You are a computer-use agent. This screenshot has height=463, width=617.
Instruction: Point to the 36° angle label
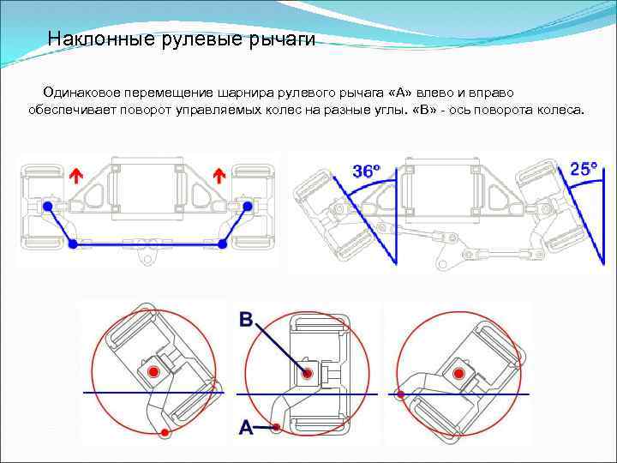click(366, 171)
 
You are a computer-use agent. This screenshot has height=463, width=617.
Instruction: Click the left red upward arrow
click(76, 176)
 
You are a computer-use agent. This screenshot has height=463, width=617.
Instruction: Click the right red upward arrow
click(219, 176)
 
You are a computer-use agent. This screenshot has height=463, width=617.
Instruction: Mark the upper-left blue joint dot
click(48, 207)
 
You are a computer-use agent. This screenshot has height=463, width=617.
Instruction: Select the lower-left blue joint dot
click(73, 244)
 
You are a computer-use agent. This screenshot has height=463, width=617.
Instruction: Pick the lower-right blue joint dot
click(223, 244)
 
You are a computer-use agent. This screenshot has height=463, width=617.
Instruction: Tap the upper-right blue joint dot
click(248, 206)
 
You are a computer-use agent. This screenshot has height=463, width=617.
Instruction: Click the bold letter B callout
click(246, 320)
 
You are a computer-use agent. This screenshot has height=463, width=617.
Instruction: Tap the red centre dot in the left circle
click(153, 372)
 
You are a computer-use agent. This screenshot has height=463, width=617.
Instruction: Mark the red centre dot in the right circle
click(460, 373)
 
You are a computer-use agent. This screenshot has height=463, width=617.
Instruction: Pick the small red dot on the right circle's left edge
click(399, 394)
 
